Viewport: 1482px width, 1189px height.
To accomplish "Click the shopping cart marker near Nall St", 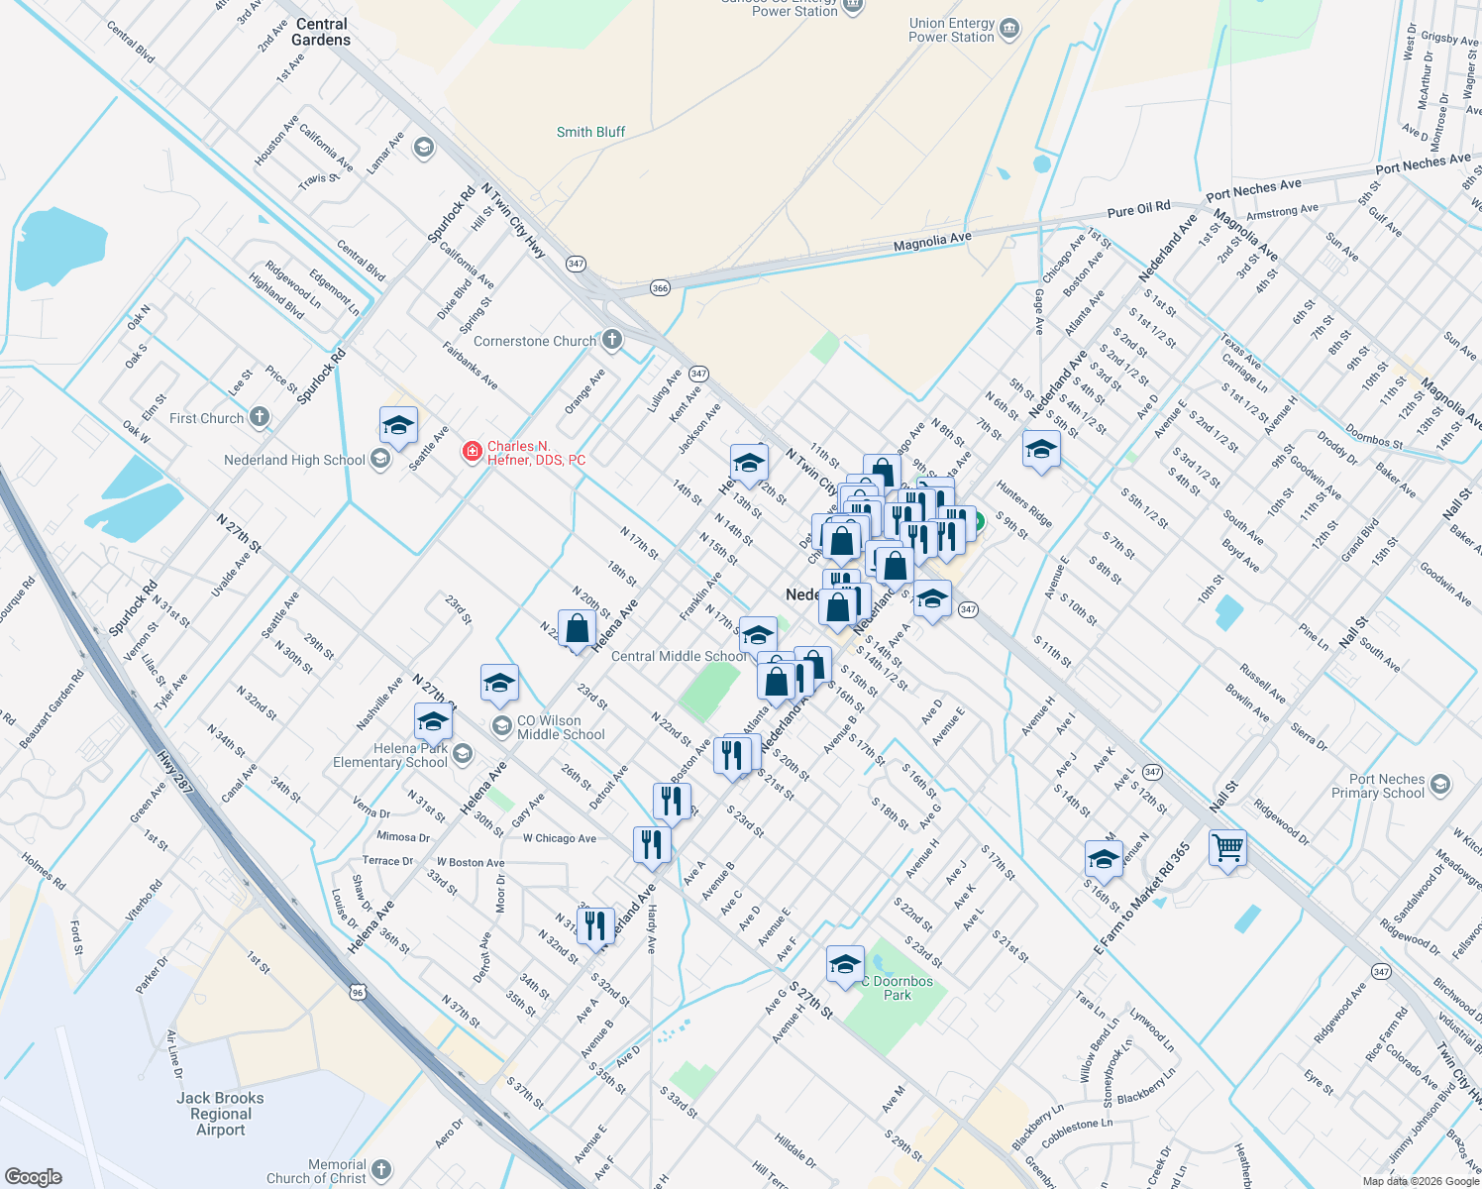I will click(1227, 848).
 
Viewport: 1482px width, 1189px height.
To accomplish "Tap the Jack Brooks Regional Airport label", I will click(220, 1114).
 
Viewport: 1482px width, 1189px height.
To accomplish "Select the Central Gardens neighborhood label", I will click(321, 32).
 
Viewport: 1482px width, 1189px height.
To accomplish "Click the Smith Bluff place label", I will click(590, 132).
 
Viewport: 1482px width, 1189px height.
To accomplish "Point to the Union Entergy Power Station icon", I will click(1009, 29).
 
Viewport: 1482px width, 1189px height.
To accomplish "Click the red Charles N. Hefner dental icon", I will click(473, 453).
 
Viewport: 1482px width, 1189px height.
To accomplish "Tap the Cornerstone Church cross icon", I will click(612, 340).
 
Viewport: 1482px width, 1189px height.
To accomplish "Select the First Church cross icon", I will click(260, 417).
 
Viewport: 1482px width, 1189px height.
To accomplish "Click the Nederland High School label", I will click(294, 460).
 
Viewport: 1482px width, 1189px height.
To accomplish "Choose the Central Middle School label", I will click(680, 656).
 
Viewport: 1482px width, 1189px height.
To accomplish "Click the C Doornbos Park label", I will click(898, 988).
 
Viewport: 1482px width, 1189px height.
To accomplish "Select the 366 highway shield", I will click(660, 287).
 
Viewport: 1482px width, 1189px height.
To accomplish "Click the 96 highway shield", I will click(358, 991).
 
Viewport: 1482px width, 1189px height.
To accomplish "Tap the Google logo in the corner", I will click(33, 1176).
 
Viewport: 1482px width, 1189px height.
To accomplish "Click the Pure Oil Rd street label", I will click(1138, 209).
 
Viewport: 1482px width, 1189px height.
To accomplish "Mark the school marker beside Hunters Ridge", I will click(1041, 451).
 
